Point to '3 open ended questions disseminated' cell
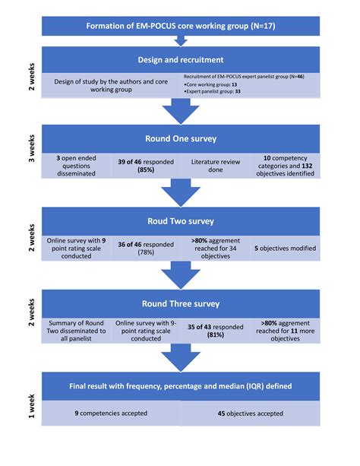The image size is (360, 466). point(77,166)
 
